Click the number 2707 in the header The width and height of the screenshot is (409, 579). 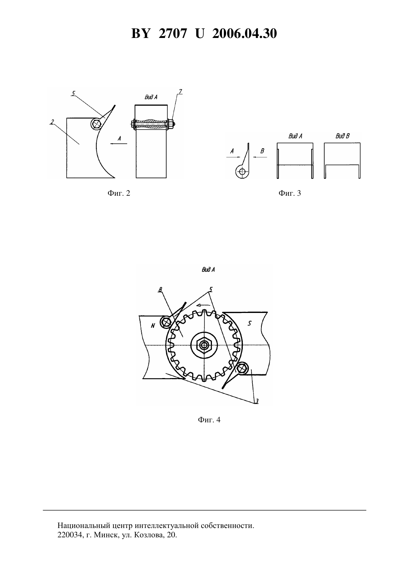point(173,33)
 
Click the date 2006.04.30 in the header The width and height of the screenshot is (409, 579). point(245,33)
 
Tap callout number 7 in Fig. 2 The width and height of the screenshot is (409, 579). point(180,91)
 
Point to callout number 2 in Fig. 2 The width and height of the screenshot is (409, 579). point(52,122)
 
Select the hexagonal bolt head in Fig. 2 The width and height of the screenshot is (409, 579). point(96,124)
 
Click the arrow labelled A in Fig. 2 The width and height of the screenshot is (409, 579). point(119,144)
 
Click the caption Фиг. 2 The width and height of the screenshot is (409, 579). point(119,193)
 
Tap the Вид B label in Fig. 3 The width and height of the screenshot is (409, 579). point(342,136)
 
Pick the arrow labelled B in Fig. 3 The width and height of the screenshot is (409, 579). point(260,157)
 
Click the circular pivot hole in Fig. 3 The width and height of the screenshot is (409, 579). point(242,172)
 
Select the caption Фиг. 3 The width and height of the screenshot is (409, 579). point(290,193)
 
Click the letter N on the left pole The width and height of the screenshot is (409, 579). point(153,326)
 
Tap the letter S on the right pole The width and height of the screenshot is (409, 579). point(249,323)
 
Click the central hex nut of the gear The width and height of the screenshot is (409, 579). point(204,345)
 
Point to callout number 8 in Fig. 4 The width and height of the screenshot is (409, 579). point(160,290)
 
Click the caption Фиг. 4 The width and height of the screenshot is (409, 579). point(209,420)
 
